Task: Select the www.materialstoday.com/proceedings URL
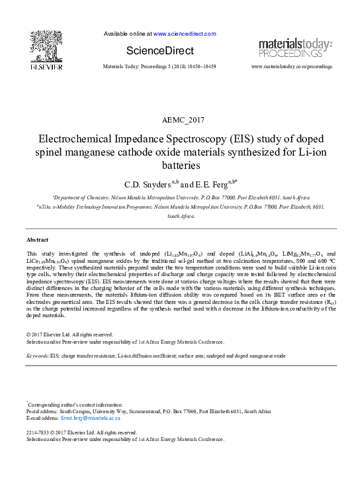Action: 292,68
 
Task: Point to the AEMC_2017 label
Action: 180,120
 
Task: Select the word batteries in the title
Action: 180,166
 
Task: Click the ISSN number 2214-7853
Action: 40,432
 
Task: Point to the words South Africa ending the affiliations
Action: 181,216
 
